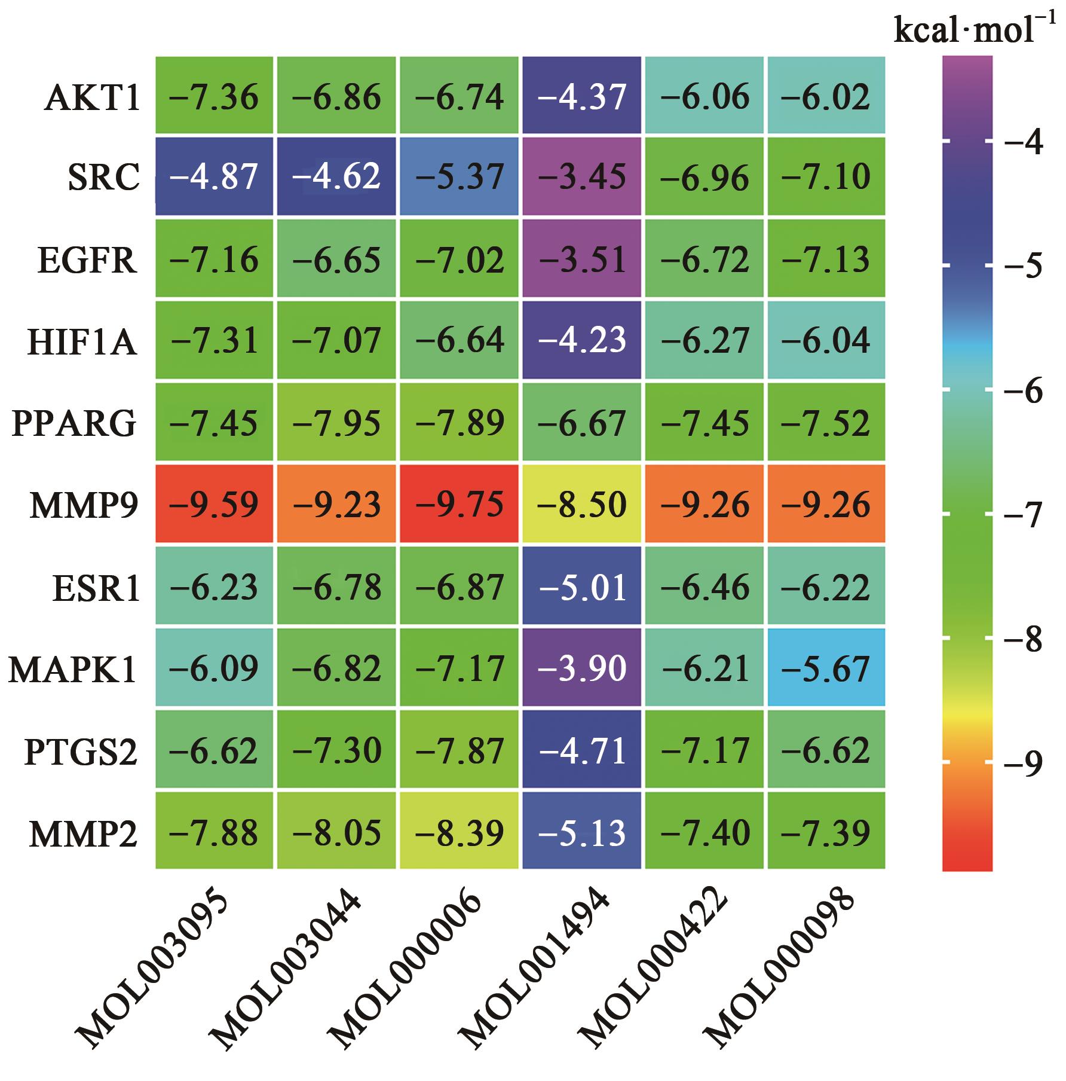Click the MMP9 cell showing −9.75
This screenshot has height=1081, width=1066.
[x=459, y=504]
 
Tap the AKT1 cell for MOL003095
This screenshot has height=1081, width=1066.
[x=215, y=96]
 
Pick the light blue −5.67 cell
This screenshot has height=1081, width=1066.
[x=826, y=668]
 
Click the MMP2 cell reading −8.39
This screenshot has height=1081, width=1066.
[x=459, y=831]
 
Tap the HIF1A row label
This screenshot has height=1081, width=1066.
[x=82, y=341]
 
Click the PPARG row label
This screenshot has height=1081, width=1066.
[x=74, y=423]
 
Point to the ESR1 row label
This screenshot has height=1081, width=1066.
[x=96, y=587]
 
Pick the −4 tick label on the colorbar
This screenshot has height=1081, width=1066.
[x=1023, y=143]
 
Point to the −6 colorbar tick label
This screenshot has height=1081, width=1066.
[x=1023, y=391]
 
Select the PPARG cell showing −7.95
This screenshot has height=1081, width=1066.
[x=336, y=423]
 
